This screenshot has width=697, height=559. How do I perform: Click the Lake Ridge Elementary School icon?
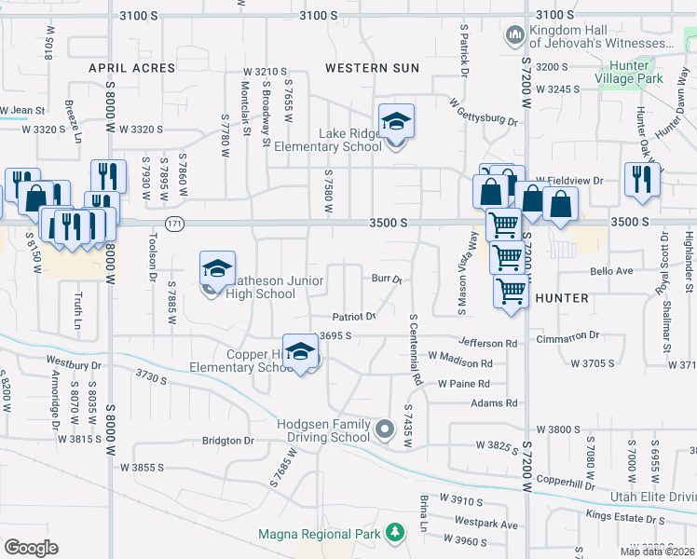[x=396, y=121]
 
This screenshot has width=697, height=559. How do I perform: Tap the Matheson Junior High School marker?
[x=217, y=270]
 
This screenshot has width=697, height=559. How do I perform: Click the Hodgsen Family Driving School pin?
[x=386, y=430]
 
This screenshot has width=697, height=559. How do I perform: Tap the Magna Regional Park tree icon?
[x=397, y=534]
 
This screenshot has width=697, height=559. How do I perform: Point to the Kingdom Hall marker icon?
[x=513, y=36]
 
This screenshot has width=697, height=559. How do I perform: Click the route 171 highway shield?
[x=174, y=224]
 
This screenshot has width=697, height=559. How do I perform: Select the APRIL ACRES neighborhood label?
[x=131, y=68]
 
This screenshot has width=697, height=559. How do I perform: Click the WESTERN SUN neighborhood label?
[x=372, y=68]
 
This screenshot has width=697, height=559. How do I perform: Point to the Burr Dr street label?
[x=386, y=279]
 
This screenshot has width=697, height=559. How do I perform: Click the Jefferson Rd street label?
[x=486, y=344]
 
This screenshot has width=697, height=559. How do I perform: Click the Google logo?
[x=31, y=548]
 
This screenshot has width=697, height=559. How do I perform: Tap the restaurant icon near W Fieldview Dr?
[x=640, y=177]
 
